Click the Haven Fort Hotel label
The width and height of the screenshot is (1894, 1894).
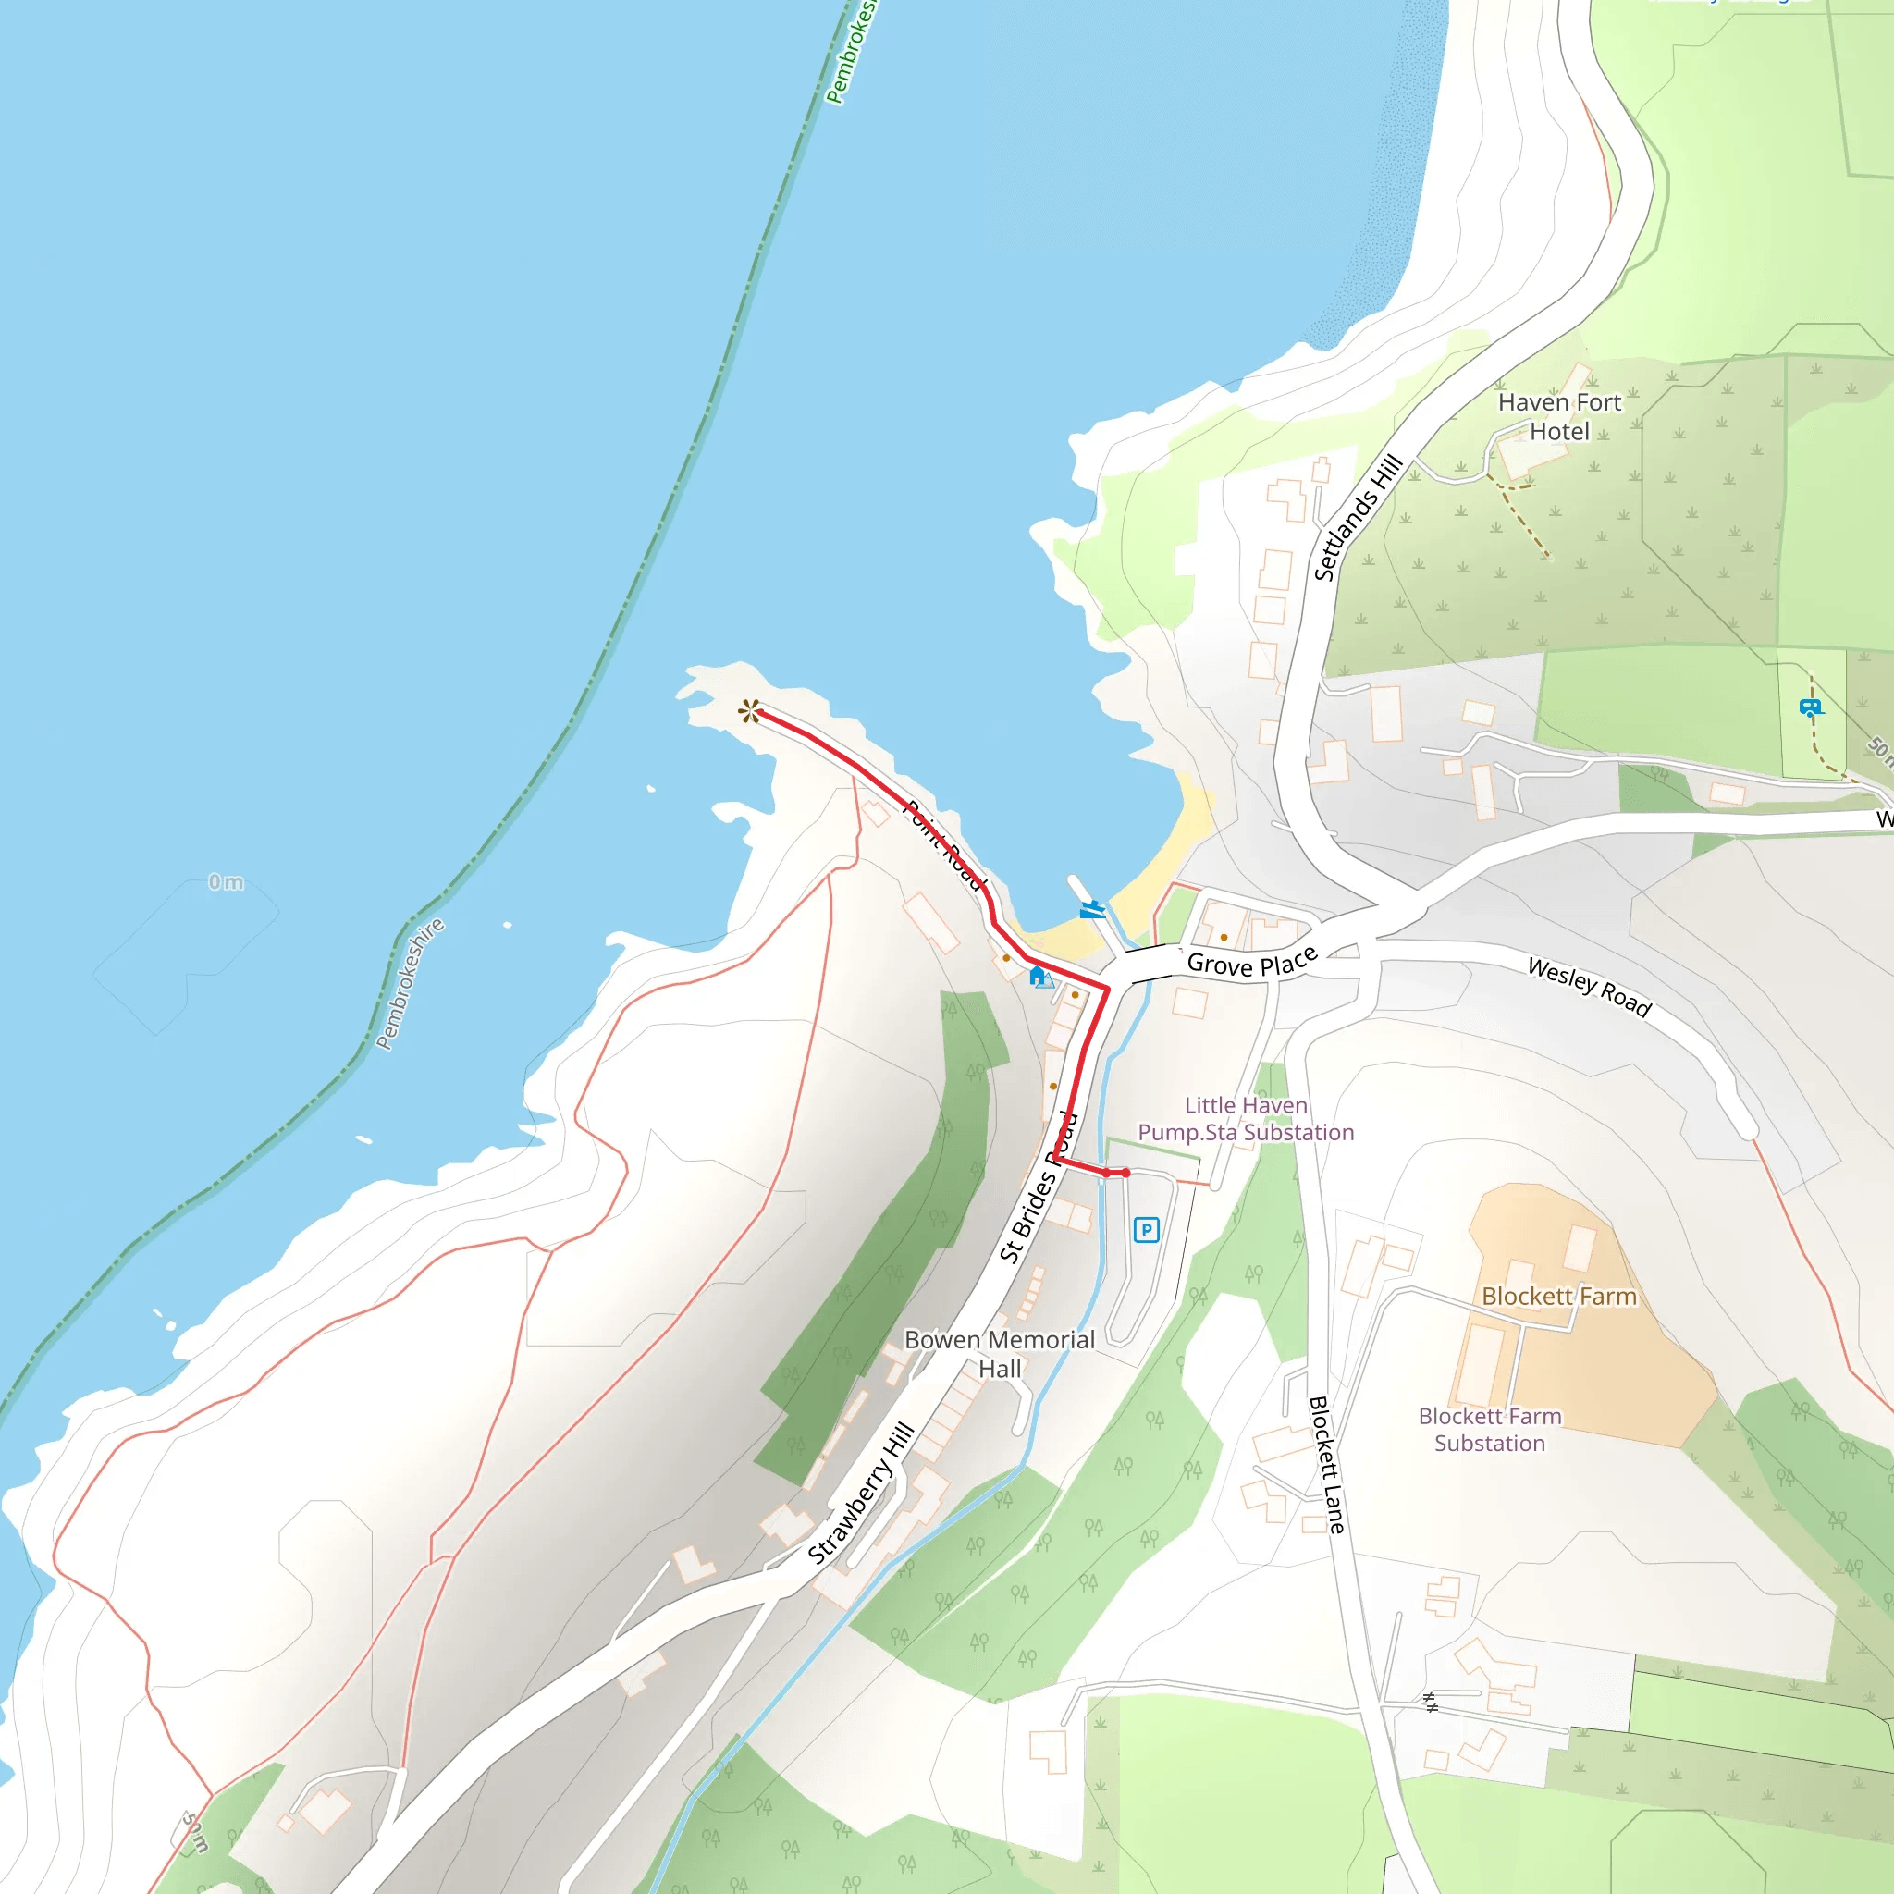[x=1558, y=417]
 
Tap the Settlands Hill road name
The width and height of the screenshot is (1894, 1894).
[x=1358, y=518]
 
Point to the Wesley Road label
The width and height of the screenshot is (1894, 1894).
[x=1589, y=987]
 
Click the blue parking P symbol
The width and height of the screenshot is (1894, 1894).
[x=1146, y=1229]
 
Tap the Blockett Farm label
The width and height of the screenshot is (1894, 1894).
[x=1558, y=1296]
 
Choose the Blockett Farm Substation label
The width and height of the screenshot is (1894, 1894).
[x=1490, y=1430]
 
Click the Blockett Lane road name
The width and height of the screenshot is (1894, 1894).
[x=1326, y=1465]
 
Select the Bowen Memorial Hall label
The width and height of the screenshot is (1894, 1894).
[x=999, y=1354]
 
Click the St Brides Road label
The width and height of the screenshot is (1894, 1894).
[x=1039, y=1187]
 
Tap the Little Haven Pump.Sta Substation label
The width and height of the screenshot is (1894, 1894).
[x=1246, y=1119]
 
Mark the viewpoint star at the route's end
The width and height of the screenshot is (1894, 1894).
[x=750, y=711]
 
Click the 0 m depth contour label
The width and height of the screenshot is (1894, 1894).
[x=226, y=882]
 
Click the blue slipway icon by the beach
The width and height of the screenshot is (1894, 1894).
[x=1091, y=910]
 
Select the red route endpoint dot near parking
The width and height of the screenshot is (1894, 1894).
[x=1125, y=1173]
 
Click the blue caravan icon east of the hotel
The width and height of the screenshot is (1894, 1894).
[x=1809, y=707]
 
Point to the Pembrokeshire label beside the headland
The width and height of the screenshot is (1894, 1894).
[x=410, y=983]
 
